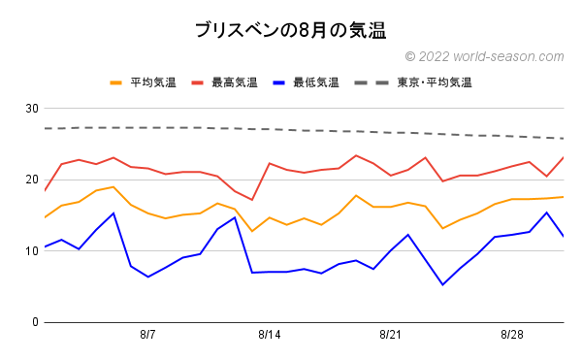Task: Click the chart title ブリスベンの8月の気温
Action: [291, 30]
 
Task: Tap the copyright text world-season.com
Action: [483, 57]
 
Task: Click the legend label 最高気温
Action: [236, 82]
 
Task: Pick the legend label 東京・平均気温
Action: [435, 82]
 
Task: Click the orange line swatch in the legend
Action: [117, 82]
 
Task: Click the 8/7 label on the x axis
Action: [148, 335]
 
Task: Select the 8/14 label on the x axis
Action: [270, 335]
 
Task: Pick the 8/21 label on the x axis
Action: [391, 335]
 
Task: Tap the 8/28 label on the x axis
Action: [512, 335]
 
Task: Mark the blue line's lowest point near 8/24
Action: [442, 284]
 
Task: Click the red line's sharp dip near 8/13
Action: [252, 200]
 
